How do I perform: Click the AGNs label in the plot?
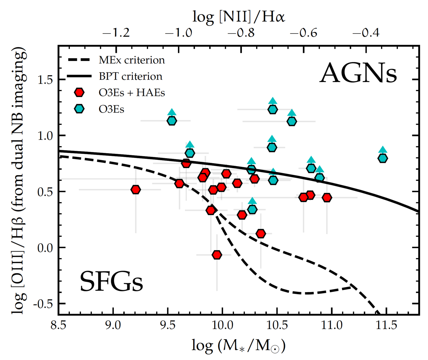(x=358, y=73)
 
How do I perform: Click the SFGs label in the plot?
(x=111, y=282)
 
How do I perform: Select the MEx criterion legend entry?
(x=132, y=60)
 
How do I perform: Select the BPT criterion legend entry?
(x=130, y=76)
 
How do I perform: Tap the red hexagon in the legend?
(x=79, y=92)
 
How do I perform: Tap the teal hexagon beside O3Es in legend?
(x=79, y=109)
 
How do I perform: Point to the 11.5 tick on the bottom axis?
(x=386, y=325)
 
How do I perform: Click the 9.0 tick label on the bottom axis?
(x=113, y=325)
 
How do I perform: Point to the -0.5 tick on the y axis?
(x=44, y=304)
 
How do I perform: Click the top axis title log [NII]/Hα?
(x=239, y=17)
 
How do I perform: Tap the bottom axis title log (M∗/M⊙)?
(x=239, y=345)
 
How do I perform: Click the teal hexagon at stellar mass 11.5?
(x=383, y=158)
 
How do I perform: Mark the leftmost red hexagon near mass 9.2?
(x=136, y=190)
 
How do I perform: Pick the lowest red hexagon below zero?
(x=217, y=255)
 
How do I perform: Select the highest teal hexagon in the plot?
(x=273, y=109)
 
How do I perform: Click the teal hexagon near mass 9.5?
(x=172, y=121)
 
